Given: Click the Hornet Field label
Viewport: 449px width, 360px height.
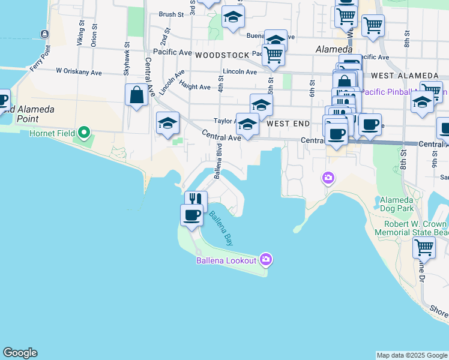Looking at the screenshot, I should [51, 133].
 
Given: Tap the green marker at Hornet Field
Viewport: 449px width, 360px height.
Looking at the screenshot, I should [85, 132].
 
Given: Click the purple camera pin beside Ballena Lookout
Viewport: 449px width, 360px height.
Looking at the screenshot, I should [267, 259].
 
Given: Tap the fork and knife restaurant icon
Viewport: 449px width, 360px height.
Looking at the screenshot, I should [196, 200].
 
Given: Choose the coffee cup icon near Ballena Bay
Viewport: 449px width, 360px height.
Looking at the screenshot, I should [192, 215].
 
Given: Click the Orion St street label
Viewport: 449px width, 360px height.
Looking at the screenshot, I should [94, 37].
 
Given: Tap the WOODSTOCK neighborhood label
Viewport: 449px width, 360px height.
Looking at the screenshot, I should [221, 55].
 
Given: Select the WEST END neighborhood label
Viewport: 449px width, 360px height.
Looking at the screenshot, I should [288, 124].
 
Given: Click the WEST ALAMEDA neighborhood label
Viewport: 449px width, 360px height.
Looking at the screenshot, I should [405, 76].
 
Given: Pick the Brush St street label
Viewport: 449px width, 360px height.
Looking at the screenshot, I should [171, 14].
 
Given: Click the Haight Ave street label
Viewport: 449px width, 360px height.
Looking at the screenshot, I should [194, 87].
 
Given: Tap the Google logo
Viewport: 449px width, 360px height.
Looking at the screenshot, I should [20, 353].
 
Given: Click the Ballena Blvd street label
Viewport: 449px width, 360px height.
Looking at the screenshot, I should [219, 161].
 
